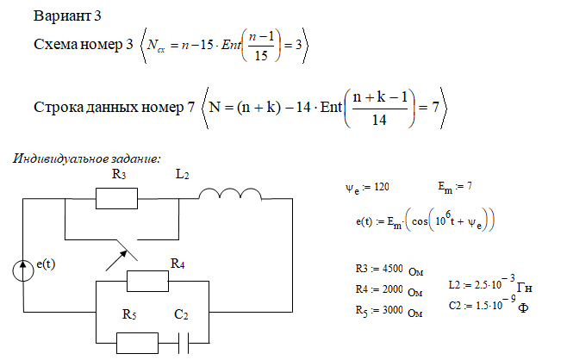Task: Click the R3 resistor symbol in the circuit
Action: pos(117,199)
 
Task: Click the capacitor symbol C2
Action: pos(182,343)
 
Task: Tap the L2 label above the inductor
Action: pos(181,176)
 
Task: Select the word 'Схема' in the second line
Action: pos(53,46)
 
